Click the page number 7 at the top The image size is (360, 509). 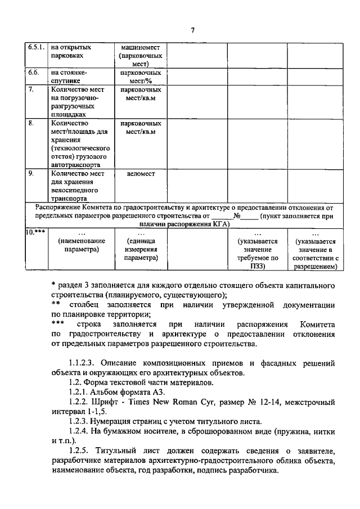click(x=191, y=30)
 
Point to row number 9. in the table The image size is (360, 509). click(x=31, y=174)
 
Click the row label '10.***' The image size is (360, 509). click(x=35, y=232)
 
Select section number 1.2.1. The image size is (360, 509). click(x=78, y=393)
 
